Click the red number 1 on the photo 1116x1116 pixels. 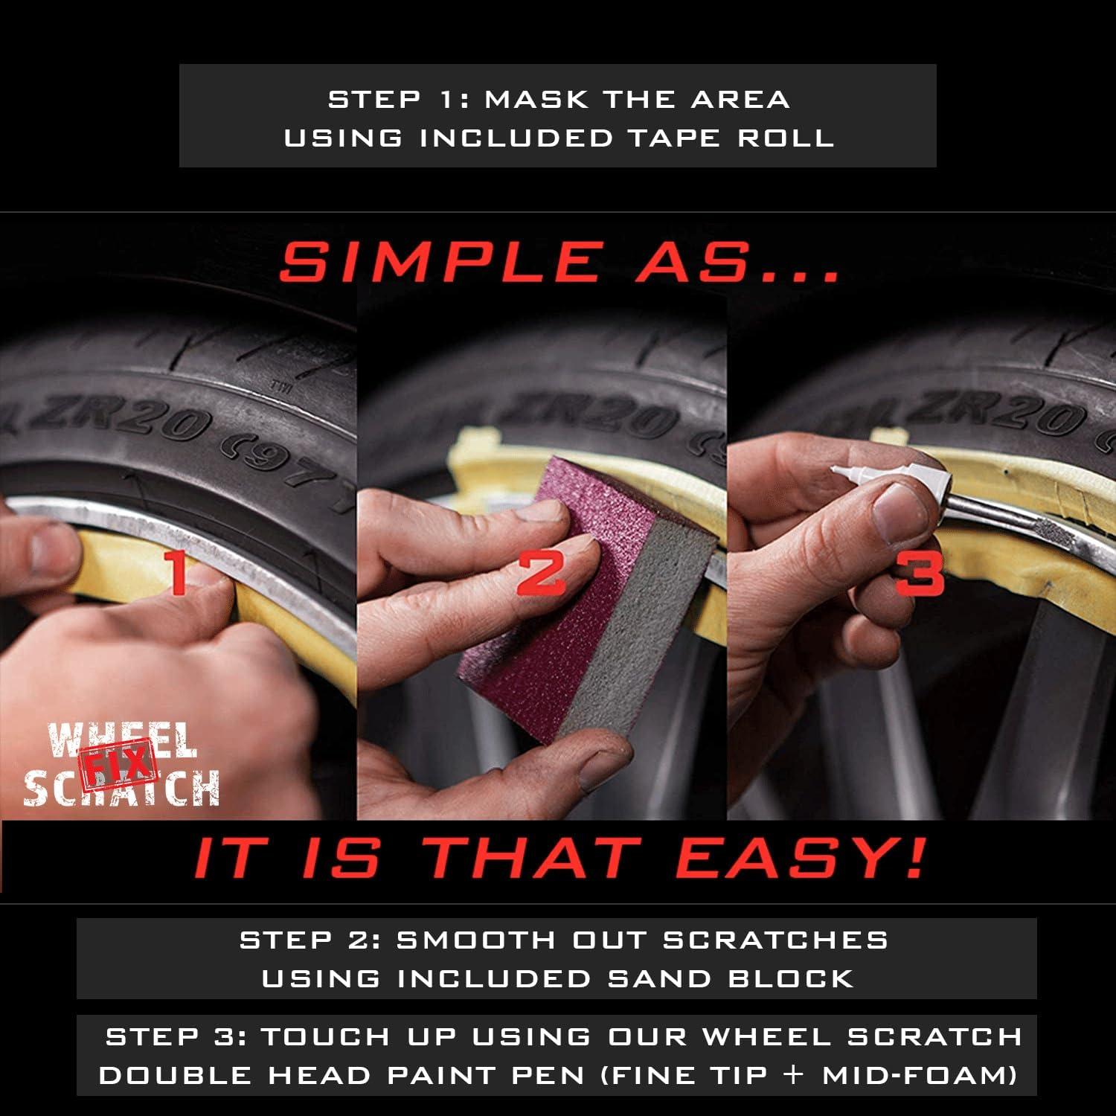[x=177, y=573]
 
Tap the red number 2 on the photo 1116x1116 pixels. [x=541, y=573]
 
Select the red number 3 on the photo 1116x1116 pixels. [x=920, y=573]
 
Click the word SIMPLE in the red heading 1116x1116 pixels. [x=439, y=262]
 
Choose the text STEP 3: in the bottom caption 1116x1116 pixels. [x=176, y=1036]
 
